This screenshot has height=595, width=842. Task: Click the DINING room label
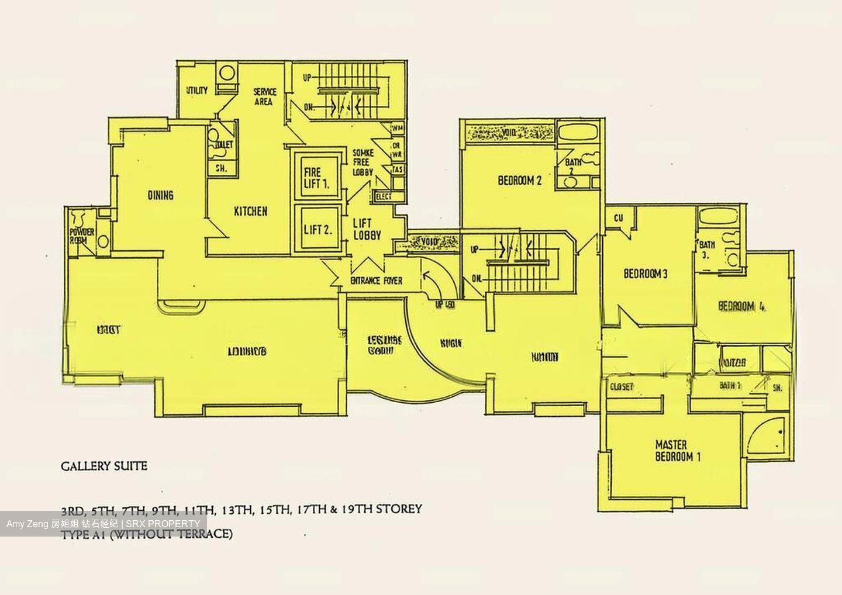[160, 195]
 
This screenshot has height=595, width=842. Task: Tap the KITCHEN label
[250, 212]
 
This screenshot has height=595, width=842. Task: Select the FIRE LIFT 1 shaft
[316, 177]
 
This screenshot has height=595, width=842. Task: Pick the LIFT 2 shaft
[317, 229]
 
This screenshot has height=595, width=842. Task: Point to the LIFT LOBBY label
[367, 229]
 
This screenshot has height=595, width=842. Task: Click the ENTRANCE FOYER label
[376, 281]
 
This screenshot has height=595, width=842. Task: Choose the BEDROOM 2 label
[519, 181]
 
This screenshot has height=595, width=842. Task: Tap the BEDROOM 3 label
[645, 273]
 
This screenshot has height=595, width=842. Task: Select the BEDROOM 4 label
[741, 306]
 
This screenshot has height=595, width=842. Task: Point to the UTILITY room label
[196, 91]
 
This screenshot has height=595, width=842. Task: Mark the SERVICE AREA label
[264, 97]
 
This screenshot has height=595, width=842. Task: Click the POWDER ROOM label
[82, 236]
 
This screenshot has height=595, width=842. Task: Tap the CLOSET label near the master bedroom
[622, 387]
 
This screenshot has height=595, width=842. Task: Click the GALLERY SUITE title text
[104, 466]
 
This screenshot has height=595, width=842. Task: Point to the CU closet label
[619, 218]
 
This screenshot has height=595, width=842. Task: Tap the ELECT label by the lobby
[384, 197]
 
